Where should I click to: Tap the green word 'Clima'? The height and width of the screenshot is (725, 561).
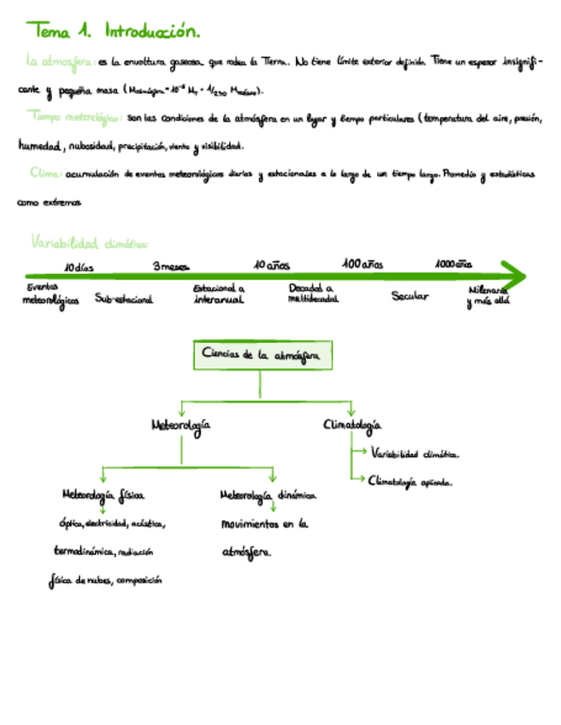point(44,173)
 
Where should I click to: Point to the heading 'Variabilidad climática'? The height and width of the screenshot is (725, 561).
point(88,243)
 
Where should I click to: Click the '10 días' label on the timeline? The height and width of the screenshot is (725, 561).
point(79,268)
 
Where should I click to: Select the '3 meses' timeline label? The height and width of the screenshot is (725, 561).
point(171,267)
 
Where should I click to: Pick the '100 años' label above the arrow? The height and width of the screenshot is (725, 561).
point(363,264)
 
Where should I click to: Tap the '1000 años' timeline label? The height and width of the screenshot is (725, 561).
point(453,264)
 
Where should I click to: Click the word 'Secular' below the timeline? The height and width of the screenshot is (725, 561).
point(410,296)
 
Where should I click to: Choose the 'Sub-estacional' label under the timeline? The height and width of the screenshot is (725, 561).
point(124,299)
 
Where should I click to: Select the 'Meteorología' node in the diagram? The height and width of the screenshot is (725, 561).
point(180,424)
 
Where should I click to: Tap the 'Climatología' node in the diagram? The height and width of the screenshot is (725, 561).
point(352,424)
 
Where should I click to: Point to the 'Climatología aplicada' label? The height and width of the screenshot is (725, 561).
point(410,481)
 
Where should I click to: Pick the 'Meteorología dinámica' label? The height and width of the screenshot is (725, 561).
point(267,495)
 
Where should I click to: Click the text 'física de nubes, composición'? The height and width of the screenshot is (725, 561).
point(105,581)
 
